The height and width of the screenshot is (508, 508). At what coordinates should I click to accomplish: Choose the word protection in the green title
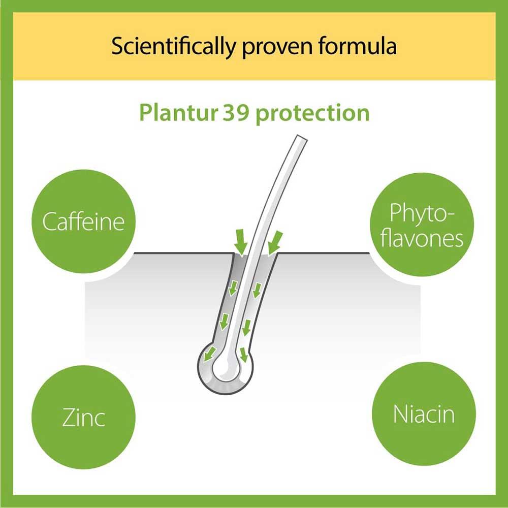click(312, 113)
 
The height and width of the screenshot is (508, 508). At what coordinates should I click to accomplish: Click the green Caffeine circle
click(83, 222)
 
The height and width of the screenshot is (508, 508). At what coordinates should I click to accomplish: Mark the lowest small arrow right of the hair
click(244, 354)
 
